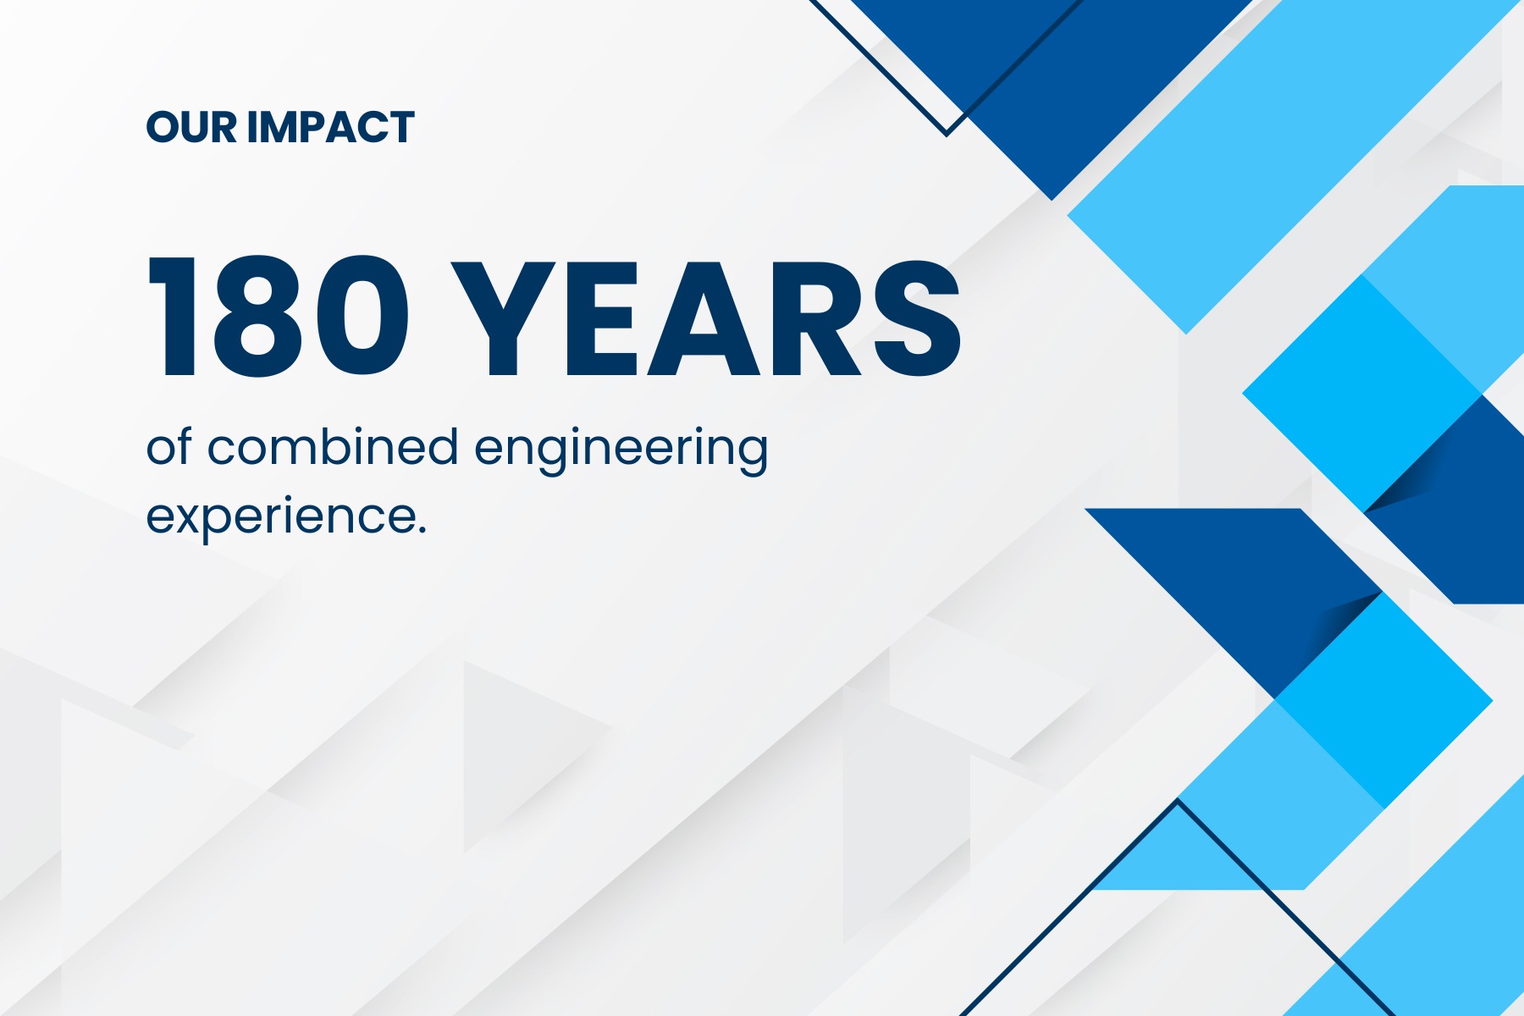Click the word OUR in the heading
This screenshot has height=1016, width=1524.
point(191,128)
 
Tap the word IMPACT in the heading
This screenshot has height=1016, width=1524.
point(330,128)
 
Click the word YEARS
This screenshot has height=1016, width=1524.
point(706,317)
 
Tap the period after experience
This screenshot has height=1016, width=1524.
point(421,530)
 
